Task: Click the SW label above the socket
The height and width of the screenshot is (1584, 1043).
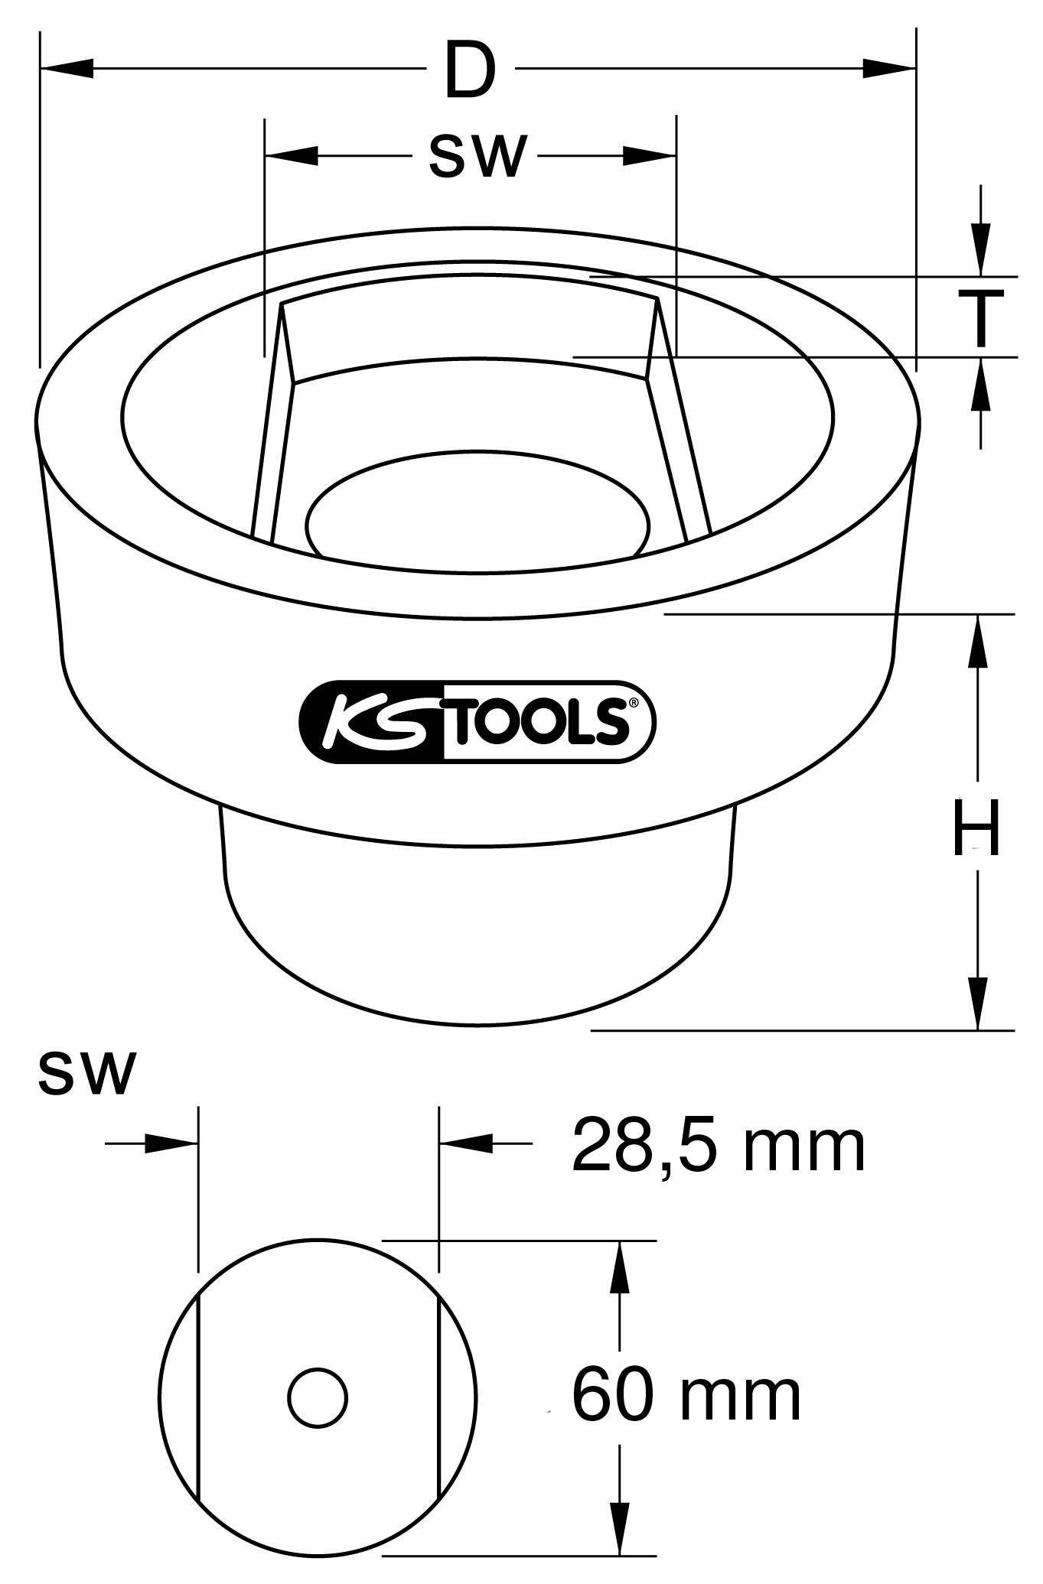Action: point(477,157)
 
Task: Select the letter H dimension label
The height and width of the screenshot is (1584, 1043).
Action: point(976,828)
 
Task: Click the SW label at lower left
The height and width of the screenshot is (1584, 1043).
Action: point(86,1073)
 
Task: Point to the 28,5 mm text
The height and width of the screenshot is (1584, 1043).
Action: point(718,1146)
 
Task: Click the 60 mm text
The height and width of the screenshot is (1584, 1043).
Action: point(686,1395)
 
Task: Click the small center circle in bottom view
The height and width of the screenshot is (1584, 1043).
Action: point(318,1397)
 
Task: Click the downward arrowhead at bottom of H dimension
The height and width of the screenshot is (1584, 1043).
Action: point(977,1003)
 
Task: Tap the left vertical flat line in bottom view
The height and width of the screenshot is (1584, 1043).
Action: point(198,1397)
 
